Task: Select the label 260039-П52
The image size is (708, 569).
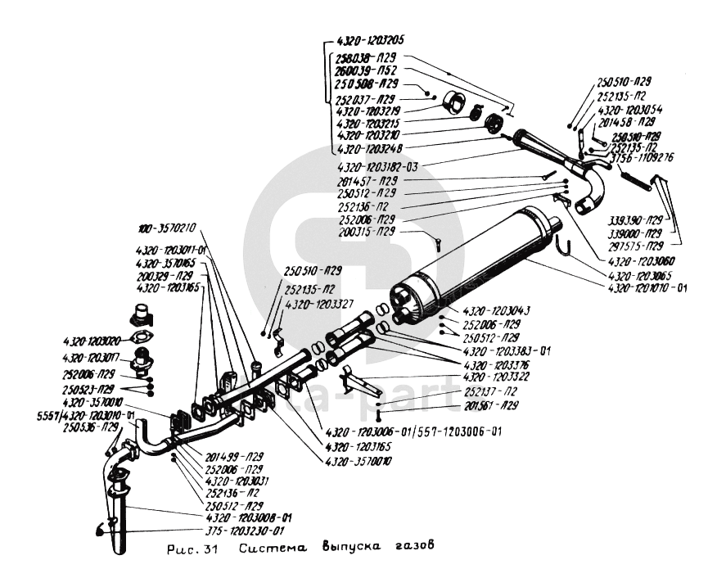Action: pos(366,71)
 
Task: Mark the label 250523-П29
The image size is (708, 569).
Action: pos(91,388)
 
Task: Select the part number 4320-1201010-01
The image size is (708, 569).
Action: pos(648,287)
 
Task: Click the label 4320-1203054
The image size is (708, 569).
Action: pos(630,109)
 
